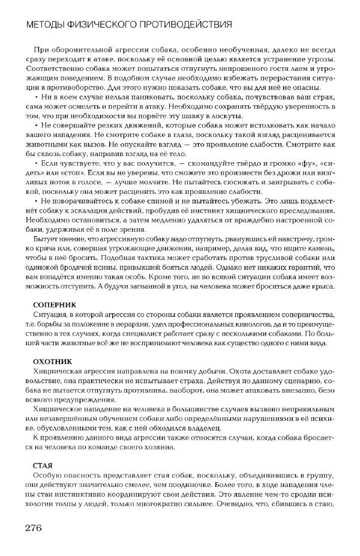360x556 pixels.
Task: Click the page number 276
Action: click(33, 528)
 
